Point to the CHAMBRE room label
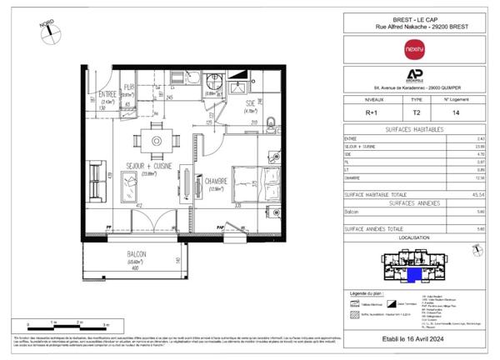coord(218,182)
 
